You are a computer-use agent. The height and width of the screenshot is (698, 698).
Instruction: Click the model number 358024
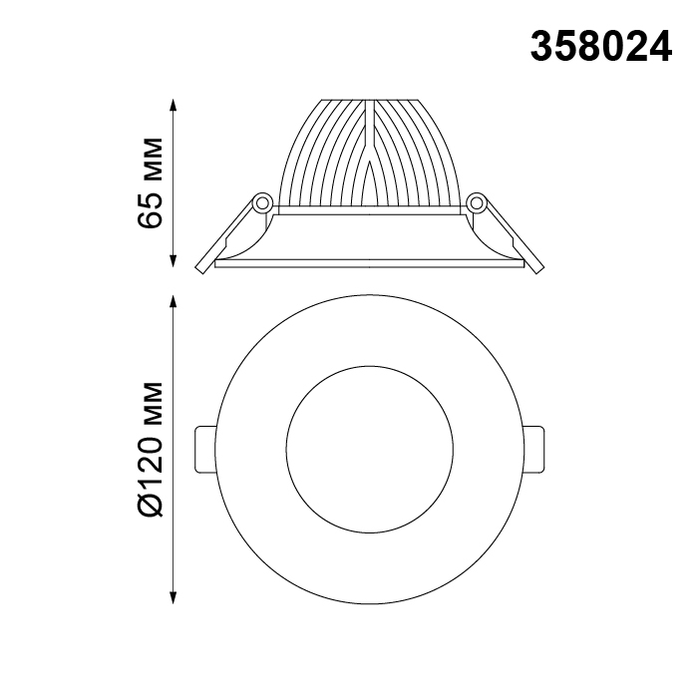[x=601, y=47]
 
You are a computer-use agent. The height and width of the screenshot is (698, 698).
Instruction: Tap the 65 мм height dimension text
[x=151, y=182]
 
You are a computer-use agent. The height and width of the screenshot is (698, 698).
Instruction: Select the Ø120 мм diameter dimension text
[x=151, y=449]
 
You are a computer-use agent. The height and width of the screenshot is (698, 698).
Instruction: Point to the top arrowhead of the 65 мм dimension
[x=174, y=105]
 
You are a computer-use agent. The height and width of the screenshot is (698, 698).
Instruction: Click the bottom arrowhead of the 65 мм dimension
[x=174, y=261]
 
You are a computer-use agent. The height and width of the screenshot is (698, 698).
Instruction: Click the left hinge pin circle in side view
[x=262, y=203]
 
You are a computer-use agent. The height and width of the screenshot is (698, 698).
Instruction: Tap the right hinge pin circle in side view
[x=477, y=203]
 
